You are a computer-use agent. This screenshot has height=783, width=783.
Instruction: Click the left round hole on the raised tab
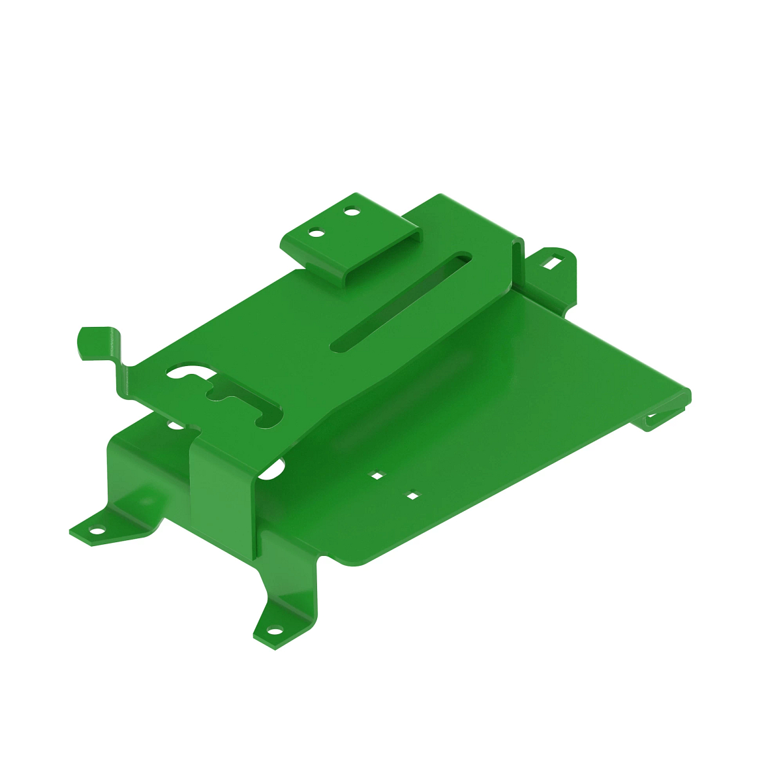tap(317, 232)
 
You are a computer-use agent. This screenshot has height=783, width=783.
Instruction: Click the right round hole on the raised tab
tap(351, 211)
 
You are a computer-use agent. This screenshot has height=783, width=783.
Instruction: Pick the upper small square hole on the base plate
tap(376, 476)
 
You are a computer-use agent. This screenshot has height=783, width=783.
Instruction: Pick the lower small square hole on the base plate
tap(412, 497)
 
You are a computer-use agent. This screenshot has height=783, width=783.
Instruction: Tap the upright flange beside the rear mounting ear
tap(519, 261)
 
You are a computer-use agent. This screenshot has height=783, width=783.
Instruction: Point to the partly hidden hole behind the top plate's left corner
tap(175, 425)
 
